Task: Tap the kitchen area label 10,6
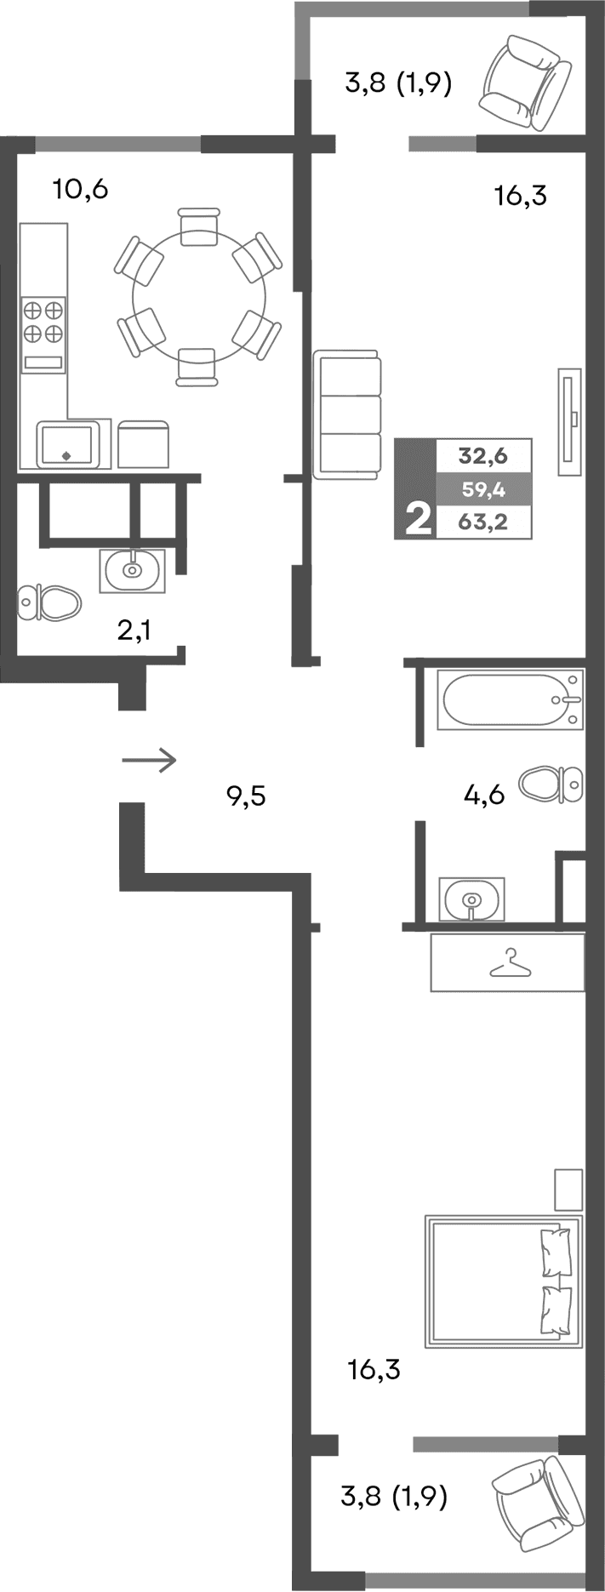(x=80, y=189)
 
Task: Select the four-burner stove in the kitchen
(x=43, y=321)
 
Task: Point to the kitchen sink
(x=66, y=443)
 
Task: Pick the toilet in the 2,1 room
(x=49, y=602)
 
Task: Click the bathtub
(x=510, y=699)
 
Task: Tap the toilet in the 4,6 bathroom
(x=551, y=783)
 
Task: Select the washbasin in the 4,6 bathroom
(x=471, y=899)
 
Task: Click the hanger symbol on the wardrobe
(x=510, y=963)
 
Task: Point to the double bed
(x=504, y=1281)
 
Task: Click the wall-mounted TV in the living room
(x=569, y=421)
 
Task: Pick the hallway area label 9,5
(x=246, y=796)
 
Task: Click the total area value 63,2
(x=482, y=522)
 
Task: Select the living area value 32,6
(x=482, y=456)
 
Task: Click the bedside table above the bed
(x=568, y=1190)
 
